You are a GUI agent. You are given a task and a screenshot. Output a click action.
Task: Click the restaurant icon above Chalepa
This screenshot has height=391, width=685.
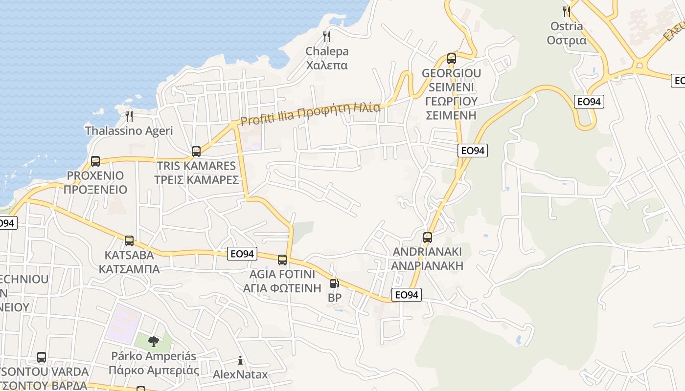click(x=327, y=36)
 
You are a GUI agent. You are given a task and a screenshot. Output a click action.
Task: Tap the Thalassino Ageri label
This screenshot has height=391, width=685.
click(x=129, y=131)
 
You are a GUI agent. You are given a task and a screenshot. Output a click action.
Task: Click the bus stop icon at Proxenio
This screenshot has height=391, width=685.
click(x=95, y=161)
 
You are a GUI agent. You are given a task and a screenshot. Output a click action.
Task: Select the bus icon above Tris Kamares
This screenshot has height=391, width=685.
click(x=196, y=151)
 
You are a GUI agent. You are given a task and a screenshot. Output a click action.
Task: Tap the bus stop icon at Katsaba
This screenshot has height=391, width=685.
click(x=129, y=240)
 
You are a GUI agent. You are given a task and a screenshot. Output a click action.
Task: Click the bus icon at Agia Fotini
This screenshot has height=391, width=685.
click(x=282, y=260)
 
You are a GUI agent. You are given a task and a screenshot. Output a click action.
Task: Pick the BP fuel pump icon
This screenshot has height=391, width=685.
click(x=334, y=283)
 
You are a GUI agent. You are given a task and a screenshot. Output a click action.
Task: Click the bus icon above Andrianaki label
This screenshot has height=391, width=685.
click(x=428, y=238)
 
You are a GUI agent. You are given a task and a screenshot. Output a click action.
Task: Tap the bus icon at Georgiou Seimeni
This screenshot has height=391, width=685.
click(x=452, y=59)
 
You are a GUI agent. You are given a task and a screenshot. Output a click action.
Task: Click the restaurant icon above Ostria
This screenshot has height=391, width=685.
click(x=567, y=11)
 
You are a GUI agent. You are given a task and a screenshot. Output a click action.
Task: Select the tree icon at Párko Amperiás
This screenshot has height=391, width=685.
click(x=154, y=341)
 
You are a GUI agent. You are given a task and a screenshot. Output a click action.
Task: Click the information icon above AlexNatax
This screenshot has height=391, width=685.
click(x=240, y=361)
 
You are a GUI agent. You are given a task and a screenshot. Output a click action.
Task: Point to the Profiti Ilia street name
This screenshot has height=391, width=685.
click(x=310, y=113)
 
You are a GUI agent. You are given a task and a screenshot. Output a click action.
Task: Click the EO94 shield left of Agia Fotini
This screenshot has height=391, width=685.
click(x=242, y=254)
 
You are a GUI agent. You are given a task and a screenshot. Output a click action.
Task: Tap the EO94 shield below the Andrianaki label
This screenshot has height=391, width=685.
click(x=407, y=295)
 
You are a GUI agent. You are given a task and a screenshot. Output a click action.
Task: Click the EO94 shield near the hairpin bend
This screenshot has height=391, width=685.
click(x=590, y=102)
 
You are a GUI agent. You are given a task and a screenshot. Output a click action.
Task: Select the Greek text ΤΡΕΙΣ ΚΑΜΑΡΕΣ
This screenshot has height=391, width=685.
click(x=196, y=180)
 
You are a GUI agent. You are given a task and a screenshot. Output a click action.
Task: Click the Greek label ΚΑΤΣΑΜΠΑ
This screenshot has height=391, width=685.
click(x=129, y=269)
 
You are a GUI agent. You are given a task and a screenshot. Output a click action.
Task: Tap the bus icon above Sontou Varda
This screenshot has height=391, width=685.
click(x=42, y=357)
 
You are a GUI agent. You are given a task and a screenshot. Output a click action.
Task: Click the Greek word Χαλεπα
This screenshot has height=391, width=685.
click(x=327, y=65)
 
